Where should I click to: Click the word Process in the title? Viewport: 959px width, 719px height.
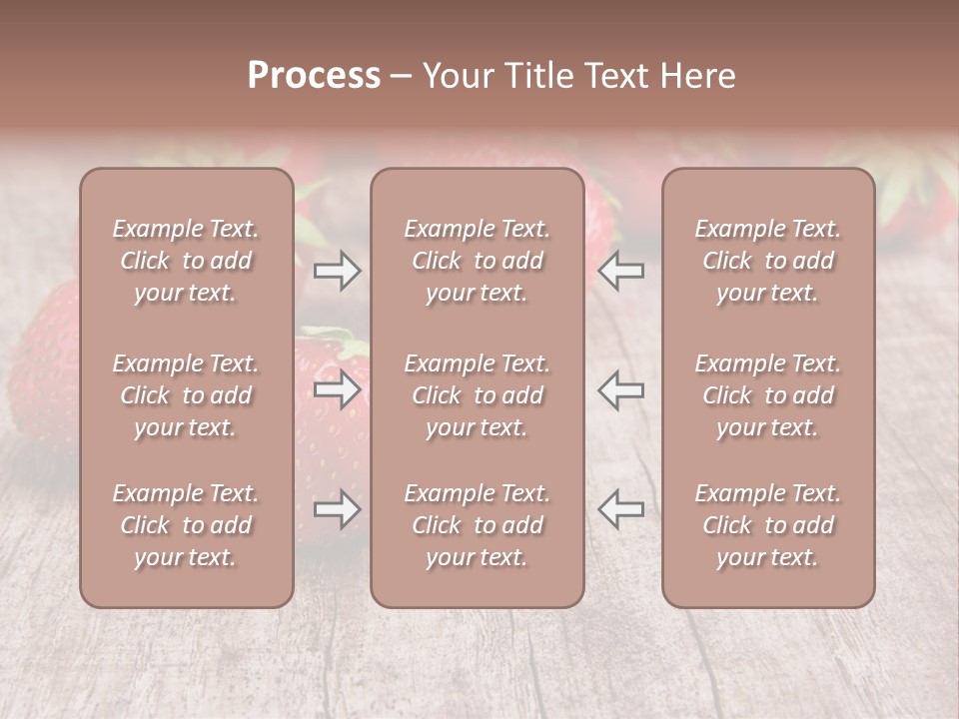pyautogui.click(x=314, y=76)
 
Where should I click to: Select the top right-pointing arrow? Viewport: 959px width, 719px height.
pyautogui.click(x=337, y=271)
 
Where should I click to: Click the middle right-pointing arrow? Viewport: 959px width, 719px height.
pyautogui.click(x=337, y=389)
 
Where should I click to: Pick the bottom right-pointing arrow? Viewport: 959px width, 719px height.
pyautogui.click(x=337, y=510)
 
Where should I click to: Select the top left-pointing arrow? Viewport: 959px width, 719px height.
pyautogui.click(x=621, y=271)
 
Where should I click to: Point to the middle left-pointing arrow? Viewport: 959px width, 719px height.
pyautogui.click(x=621, y=389)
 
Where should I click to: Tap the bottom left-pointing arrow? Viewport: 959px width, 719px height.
pyautogui.click(x=621, y=510)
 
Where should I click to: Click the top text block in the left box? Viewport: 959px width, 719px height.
pyautogui.click(x=186, y=261)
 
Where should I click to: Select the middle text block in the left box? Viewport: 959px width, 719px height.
pyautogui.click(x=186, y=395)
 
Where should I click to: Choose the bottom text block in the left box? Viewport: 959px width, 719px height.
pyautogui.click(x=186, y=525)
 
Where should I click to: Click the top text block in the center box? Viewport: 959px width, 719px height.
pyautogui.click(x=478, y=261)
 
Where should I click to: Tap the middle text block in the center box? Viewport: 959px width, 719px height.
pyautogui.click(x=478, y=395)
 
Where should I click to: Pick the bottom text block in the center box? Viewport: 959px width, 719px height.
pyautogui.click(x=478, y=525)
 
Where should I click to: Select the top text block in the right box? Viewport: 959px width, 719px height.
pyautogui.click(x=768, y=261)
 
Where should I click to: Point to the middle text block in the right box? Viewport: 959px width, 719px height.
pyautogui.click(x=768, y=395)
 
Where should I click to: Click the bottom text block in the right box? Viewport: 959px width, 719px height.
pyautogui.click(x=768, y=525)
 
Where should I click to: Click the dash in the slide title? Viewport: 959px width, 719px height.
pyautogui.click(x=402, y=77)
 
